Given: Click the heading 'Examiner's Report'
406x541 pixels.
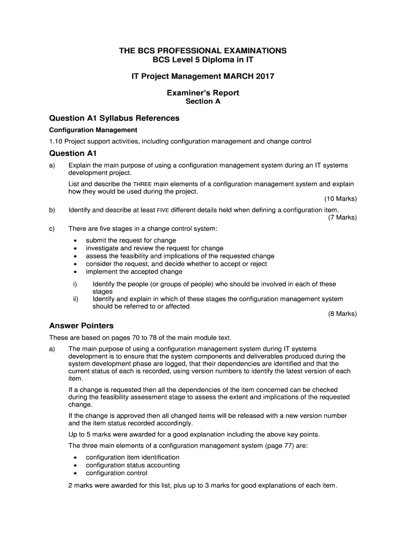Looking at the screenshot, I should [203, 93].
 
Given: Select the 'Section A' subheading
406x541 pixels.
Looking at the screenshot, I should [203, 102].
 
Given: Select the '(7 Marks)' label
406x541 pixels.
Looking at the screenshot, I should [342, 217].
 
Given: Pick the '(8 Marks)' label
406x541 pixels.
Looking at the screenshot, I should [342, 314].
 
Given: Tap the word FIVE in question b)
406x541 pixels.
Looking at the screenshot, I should [163, 210].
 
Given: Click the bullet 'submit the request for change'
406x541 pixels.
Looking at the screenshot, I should [131, 240].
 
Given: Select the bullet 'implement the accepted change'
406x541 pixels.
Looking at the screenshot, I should [134, 272].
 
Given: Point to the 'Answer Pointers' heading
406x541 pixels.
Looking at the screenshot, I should [81, 325].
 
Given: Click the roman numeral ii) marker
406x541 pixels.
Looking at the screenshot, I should [76, 299].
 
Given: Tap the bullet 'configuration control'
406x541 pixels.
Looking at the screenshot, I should [117, 473].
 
